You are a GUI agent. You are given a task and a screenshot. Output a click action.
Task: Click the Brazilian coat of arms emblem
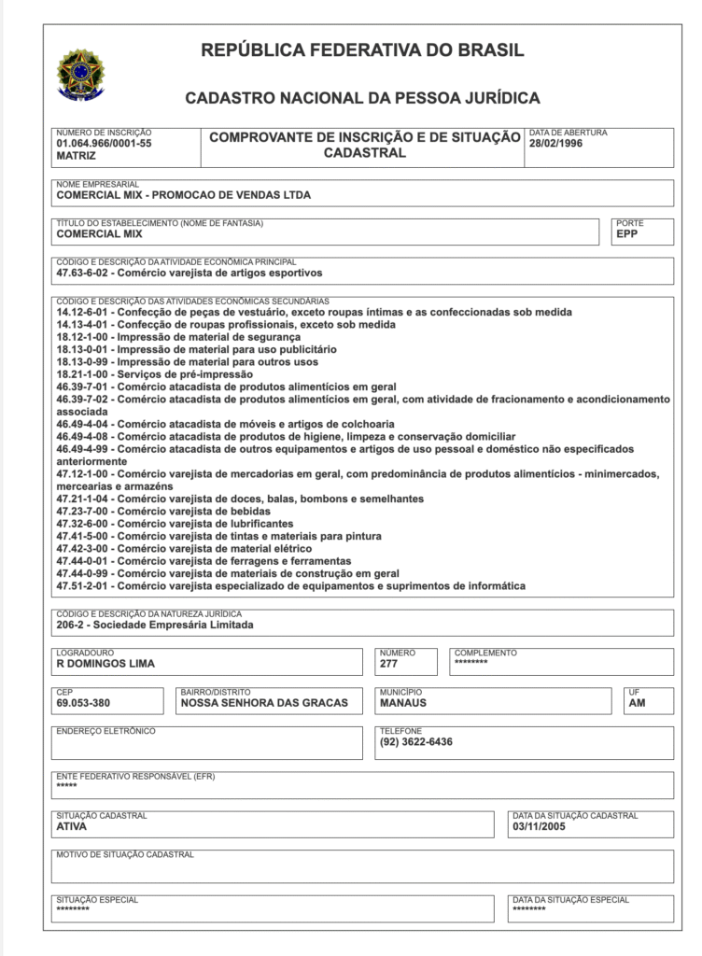pos(81,75)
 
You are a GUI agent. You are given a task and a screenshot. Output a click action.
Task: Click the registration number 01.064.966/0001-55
pos(104,145)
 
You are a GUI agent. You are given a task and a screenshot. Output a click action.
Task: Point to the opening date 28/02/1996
pos(555,145)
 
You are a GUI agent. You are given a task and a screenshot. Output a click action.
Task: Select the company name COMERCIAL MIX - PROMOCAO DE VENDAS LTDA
pos(184,196)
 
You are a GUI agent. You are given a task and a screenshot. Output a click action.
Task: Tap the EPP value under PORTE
pos(626,235)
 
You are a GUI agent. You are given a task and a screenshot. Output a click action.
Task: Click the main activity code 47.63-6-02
pos(84,274)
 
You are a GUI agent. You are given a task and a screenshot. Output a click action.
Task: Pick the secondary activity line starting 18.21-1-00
pos(154,374)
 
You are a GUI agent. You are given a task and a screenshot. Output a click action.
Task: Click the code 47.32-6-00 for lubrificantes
pos(84,525)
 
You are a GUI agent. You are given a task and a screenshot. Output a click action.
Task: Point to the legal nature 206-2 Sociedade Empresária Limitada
pos(155,626)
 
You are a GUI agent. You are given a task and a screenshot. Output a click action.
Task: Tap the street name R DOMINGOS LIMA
pos(105,665)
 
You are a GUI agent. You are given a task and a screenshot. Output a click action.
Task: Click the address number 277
pos(389,665)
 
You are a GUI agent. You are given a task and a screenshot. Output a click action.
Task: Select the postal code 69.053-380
pos(85,703)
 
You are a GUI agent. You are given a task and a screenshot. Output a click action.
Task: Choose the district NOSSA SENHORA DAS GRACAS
pos(264,703)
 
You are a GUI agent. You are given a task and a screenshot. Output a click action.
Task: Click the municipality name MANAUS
pos(403,703)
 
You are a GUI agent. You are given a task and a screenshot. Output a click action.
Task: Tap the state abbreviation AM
pos(638,703)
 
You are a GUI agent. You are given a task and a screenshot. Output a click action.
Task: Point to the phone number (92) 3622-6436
pos(416,742)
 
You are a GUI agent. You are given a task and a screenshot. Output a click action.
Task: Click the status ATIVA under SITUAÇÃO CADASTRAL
pos(72,827)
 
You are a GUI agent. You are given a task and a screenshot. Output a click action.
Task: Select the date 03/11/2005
pos(541,827)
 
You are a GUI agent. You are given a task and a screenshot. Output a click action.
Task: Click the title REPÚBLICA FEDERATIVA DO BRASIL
pos(362,50)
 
